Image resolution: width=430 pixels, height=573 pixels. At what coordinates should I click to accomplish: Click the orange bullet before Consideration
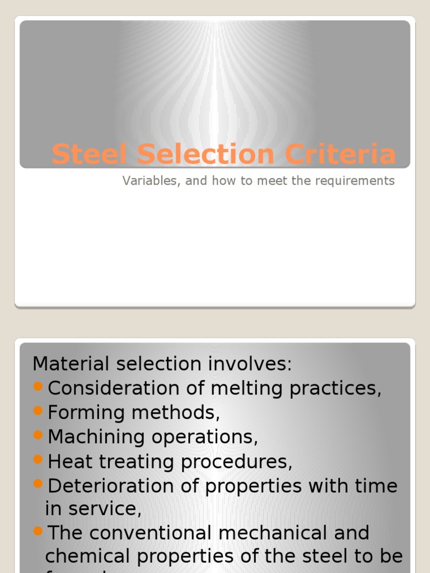coord(38,386)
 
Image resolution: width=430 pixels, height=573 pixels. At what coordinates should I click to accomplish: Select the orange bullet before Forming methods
coord(38,411)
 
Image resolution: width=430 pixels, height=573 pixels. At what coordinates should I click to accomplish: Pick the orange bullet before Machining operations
coord(38,435)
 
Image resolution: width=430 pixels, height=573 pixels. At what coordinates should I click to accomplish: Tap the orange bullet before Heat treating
coord(38,459)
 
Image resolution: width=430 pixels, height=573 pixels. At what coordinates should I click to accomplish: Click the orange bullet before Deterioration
coord(38,484)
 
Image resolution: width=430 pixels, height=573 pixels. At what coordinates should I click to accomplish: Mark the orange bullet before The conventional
coord(38,531)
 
